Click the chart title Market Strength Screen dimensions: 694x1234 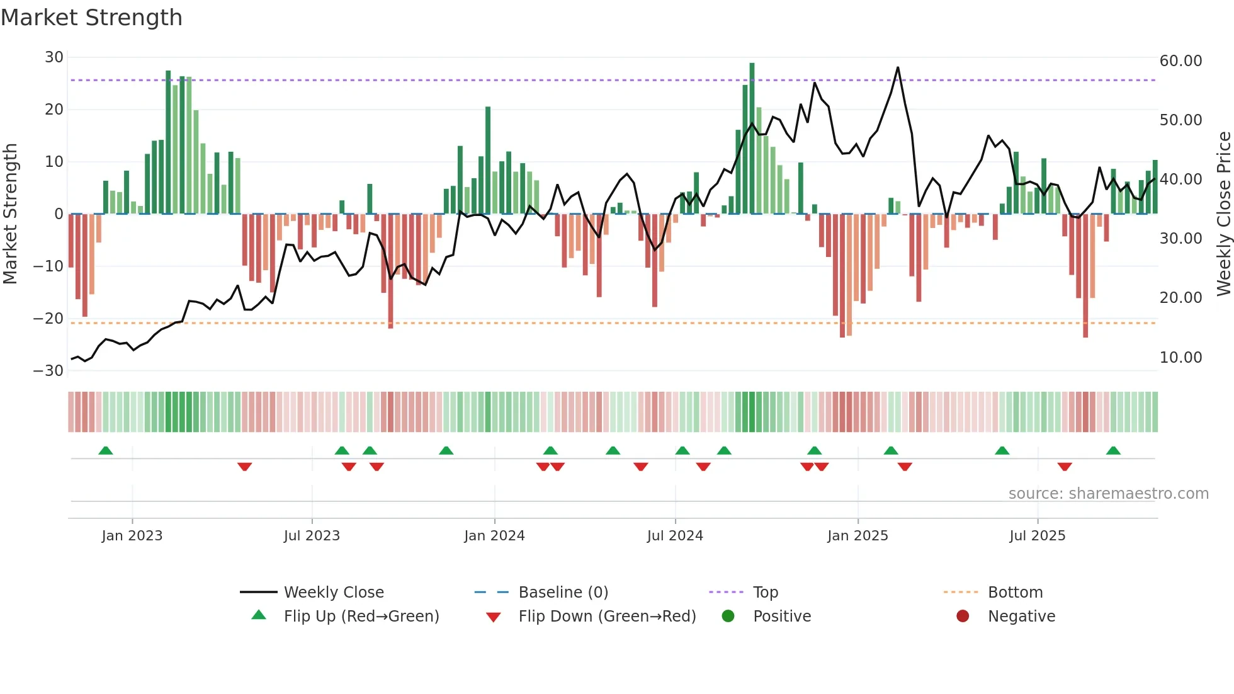coord(91,18)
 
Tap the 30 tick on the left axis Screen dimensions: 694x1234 coord(54,57)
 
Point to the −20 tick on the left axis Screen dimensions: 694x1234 coord(48,319)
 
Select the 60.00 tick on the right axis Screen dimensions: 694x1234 coord(1180,61)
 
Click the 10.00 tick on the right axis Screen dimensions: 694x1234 coord(1180,358)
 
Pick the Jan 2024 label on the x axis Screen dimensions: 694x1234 coord(494,536)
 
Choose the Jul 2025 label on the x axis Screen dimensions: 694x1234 coord(1037,536)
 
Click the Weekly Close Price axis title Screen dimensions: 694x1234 coord(1223,214)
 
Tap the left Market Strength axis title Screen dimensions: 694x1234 coord(11,214)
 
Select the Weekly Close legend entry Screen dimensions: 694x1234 coord(333,593)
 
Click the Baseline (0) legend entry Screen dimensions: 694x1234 coord(563,593)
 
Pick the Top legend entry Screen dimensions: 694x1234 coord(765,593)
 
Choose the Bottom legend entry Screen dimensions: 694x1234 coord(1015,593)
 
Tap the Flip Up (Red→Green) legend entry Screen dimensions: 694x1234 coord(361,617)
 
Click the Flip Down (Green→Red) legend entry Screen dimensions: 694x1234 coord(606,617)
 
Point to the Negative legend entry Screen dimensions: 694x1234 coord(1021,617)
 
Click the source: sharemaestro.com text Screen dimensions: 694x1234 coord(1108,494)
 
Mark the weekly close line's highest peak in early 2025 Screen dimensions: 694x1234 coord(898,67)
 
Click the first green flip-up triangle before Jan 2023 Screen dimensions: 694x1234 coord(106,451)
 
